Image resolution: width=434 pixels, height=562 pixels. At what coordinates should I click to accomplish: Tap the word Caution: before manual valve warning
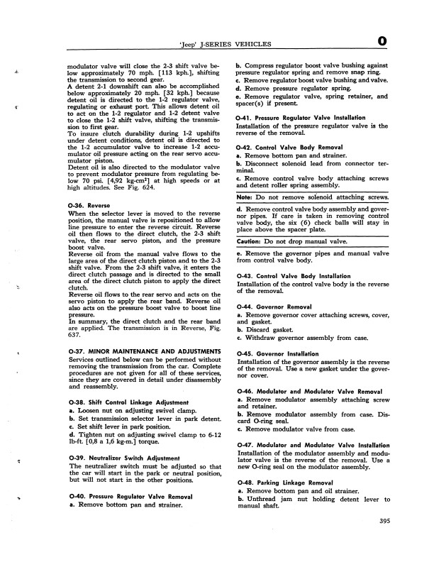250,241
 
